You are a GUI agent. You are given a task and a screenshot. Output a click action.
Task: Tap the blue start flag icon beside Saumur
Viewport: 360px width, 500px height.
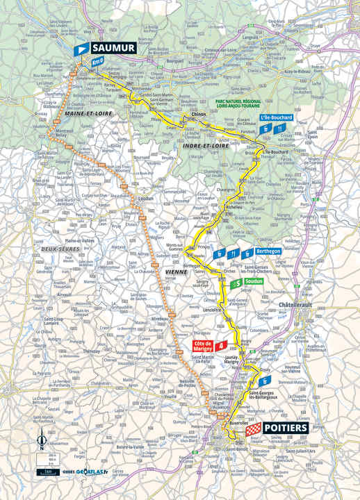[83, 49]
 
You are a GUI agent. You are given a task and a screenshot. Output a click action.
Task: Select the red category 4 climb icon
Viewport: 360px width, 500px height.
[222, 344]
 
